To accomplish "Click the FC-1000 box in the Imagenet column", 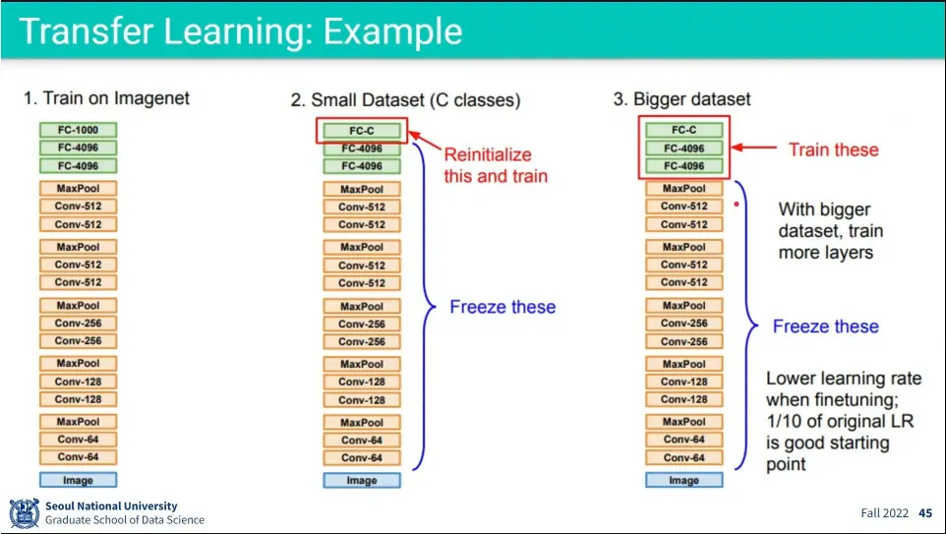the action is [78, 130].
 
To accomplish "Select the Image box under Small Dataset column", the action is [362, 481].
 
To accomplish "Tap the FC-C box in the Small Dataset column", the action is [362, 131].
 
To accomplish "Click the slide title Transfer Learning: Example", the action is [240, 31].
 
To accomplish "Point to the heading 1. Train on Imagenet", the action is [106, 98].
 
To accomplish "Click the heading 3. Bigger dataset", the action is [681, 99].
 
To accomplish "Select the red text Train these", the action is [833, 149].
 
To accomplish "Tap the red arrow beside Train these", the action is [756, 149].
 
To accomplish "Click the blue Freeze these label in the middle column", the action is [503, 307].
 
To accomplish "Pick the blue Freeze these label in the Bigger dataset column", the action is [825, 326].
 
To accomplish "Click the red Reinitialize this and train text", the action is [496, 165].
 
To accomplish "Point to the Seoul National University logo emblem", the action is [25, 513].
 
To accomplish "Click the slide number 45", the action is [925, 513].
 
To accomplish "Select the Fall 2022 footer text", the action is [885, 513].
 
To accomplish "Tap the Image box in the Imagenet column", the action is [78, 480].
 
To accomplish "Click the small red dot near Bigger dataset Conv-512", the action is [736, 206].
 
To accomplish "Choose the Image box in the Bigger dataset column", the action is [683, 481].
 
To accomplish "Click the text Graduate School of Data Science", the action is [125, 520].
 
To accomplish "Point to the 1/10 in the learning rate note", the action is [785, 421].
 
